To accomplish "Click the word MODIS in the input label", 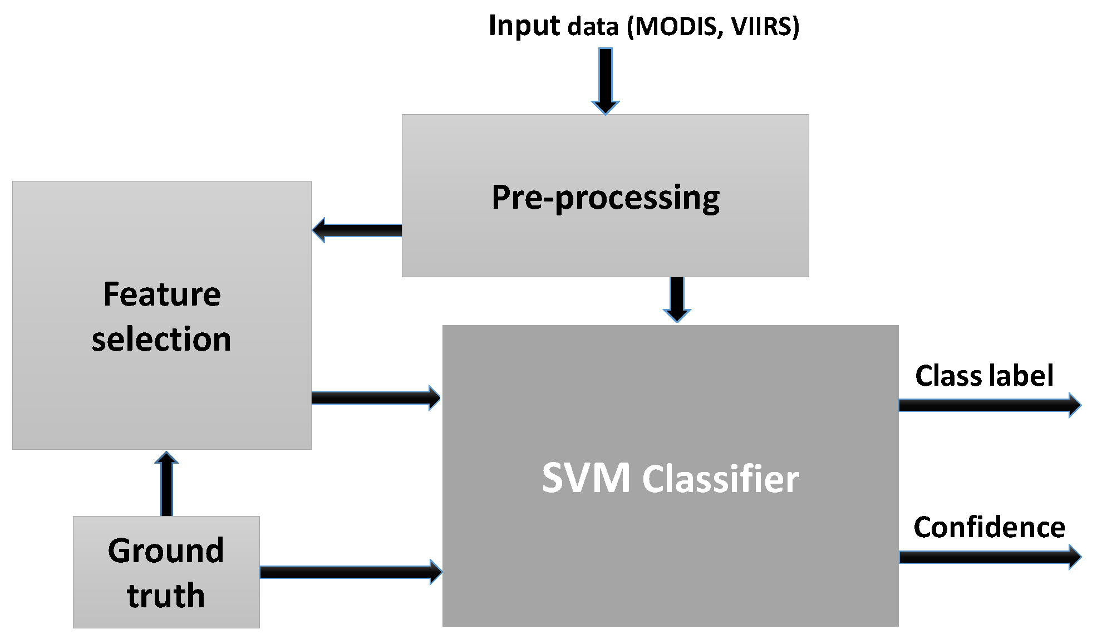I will (x=675, y=27).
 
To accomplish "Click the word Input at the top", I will (x=524, y=27).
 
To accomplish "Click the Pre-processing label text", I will (x=606, y=198).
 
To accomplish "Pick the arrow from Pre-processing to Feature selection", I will (x=357, y=230).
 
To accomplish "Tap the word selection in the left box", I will (x=161, y=339).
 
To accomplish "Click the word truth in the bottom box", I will (x=166, y=595).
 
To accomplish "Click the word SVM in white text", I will (x=586, y=478).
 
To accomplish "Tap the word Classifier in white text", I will (x=721, y=478).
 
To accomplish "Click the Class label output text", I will (x=984, y=376).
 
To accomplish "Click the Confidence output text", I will (x=989, y=527).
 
